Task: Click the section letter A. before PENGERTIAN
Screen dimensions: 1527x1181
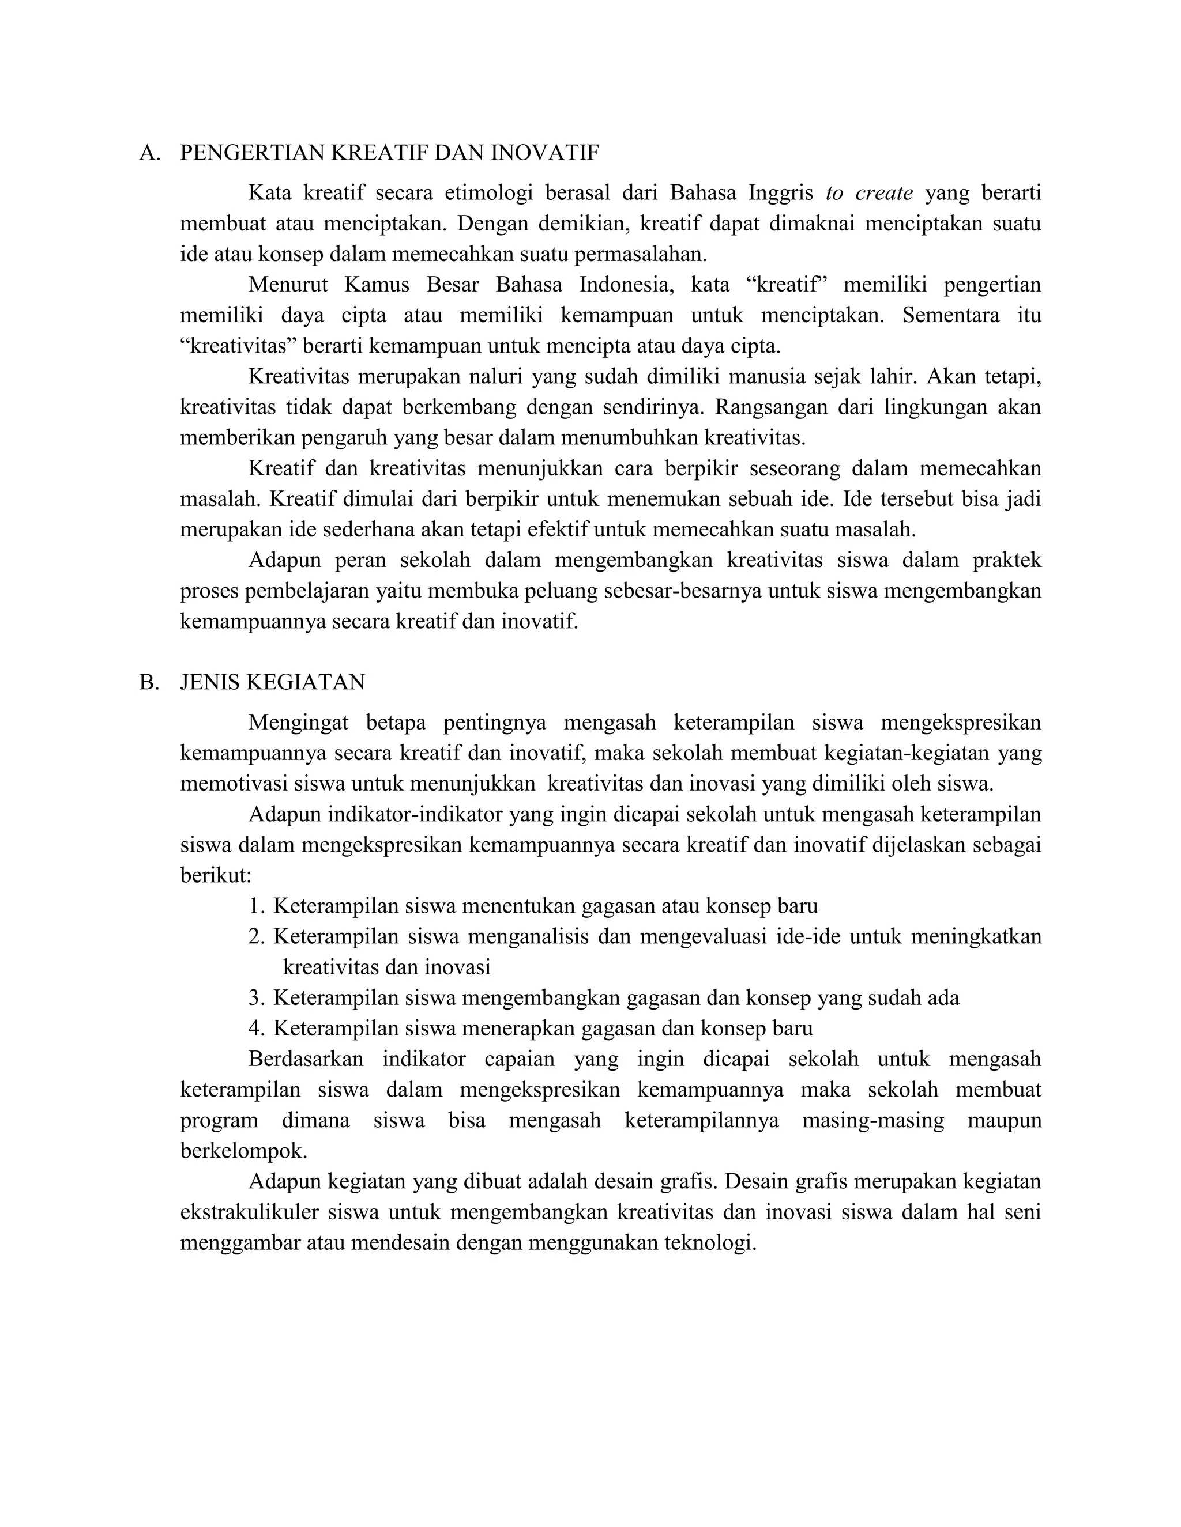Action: tap(150, 153)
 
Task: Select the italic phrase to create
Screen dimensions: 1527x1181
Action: tap(869, 192)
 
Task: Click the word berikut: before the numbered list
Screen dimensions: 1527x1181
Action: tap(216, 875)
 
